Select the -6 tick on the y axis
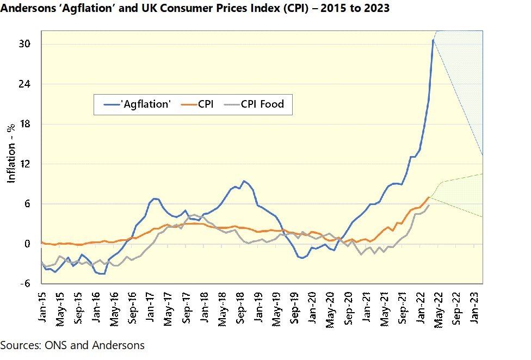point(32,284)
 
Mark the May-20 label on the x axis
point(329,306)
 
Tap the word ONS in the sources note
point(49,345)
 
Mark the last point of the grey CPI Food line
point(429,206)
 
